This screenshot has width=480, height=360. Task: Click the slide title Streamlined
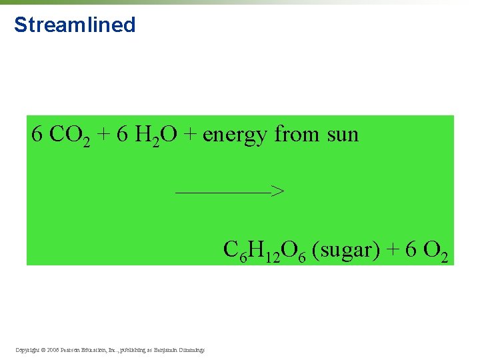click(x=75, y=25)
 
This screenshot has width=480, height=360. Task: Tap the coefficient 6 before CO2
click(x=37, y=135)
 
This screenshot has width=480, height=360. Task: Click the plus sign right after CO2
click(x=103, y=135)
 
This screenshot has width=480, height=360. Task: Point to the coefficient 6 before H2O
click(x=122, y=135)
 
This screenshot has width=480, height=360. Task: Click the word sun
click(x=343, y=135)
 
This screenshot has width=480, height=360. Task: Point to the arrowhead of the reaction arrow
click(x=279, y=192)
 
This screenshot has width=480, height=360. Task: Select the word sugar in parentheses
click(x=346, y=251)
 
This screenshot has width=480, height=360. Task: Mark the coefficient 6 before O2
click(x=411, y=250)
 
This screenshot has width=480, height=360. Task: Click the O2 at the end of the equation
click(x=436, y=251)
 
